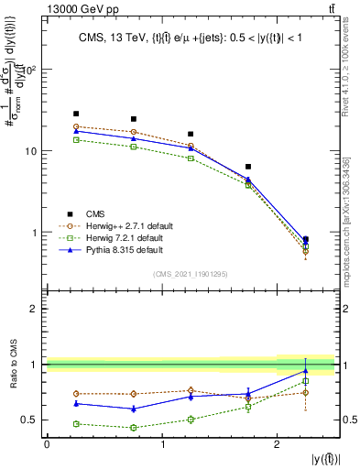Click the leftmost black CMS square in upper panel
point(76,114)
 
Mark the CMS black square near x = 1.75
point(248,167)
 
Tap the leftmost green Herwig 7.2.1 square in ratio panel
point(76,424)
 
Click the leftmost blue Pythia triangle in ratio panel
point(76,403)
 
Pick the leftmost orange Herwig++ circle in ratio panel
point(76,394)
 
